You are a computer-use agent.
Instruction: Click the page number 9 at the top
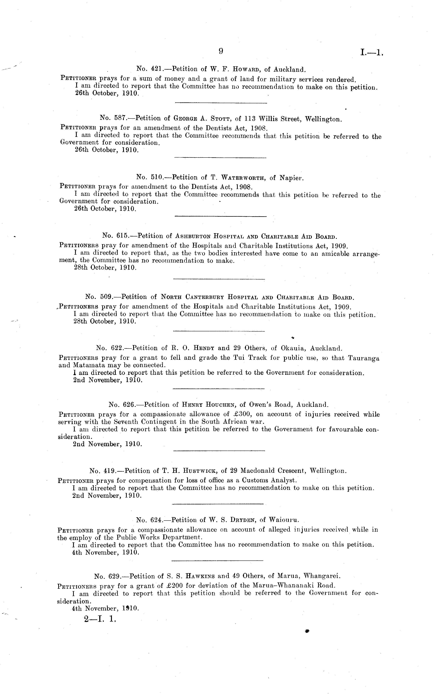click(221, 51)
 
